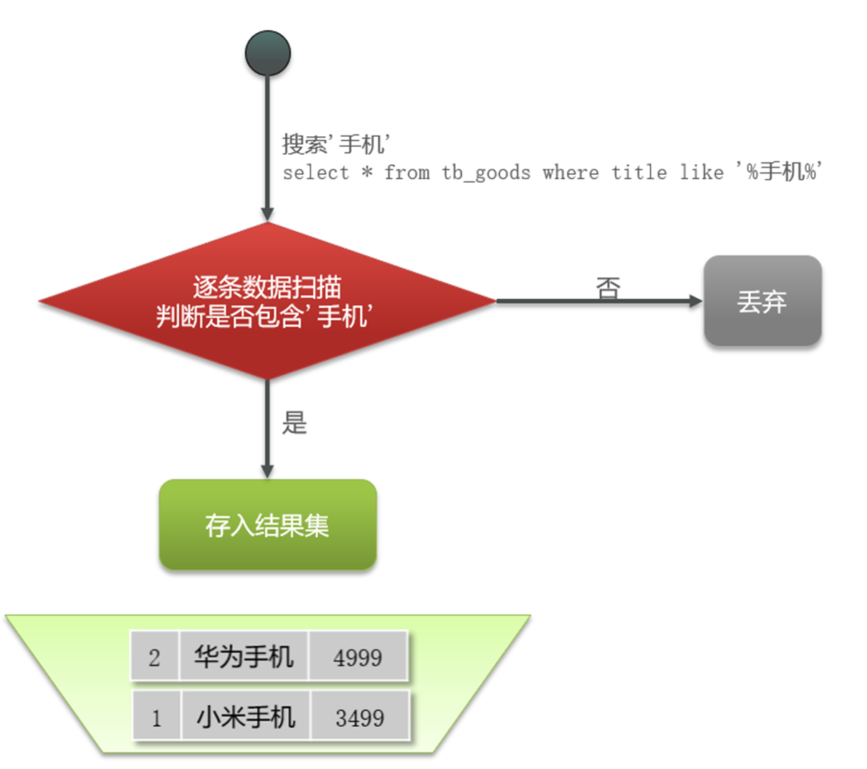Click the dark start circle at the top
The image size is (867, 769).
(x=267, y=53)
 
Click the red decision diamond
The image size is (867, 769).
(x=267, y=301)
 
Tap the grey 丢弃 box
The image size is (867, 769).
(x=762, y=301)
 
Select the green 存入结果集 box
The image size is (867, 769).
(x=267, y=525)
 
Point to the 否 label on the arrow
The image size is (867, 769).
(x=608, y=288)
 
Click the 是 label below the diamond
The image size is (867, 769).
(x=294, y=423)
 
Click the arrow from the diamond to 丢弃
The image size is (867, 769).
(x=598, y=302)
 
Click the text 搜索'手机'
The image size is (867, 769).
(x=335, y=144)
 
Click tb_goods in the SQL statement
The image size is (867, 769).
(x=486, y=173)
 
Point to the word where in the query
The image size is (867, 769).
(x=570, y=173)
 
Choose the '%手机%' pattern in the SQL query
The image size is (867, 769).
(x=779, y=172)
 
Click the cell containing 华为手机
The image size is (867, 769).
(x=244, y=656)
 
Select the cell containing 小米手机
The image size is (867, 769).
(x=246, y=716)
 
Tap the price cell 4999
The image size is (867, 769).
(x=358, y=656)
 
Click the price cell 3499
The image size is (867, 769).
(x=360, y=717)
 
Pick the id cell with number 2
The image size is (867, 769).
(x=155, y=656)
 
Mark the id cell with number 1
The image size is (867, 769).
(x=157, y=717)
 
